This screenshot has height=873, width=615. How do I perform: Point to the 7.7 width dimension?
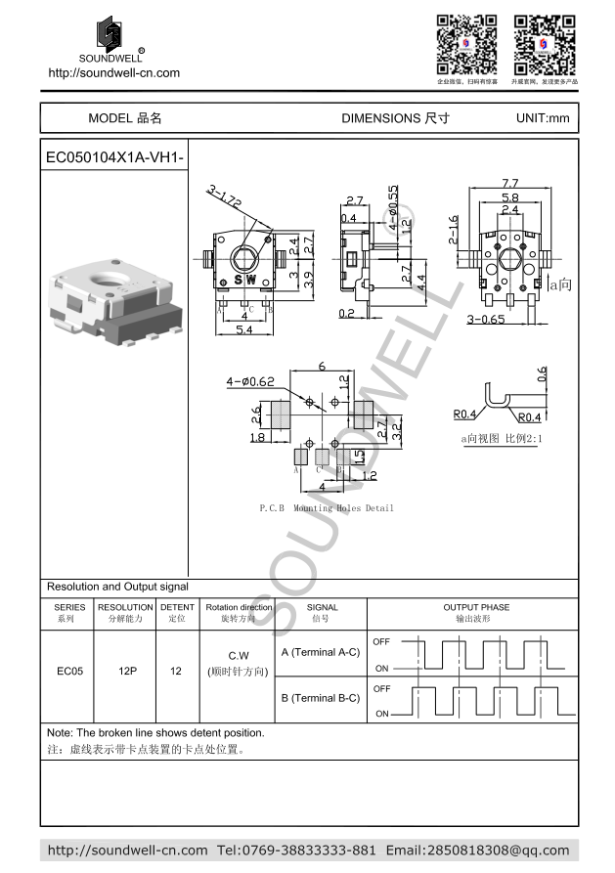point(509,183)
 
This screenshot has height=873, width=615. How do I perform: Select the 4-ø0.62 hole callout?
point(250,382)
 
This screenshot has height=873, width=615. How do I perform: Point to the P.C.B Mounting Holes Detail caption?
point(326,508)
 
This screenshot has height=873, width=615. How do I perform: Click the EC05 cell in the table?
point(68,672)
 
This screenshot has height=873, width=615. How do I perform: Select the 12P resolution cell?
point(125,672)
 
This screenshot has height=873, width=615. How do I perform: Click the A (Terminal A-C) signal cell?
point(320,651)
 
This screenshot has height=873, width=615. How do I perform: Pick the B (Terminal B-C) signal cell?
point(320,698)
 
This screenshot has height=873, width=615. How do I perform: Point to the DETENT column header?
point(177,613)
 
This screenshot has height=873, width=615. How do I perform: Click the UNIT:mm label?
point(542,118)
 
